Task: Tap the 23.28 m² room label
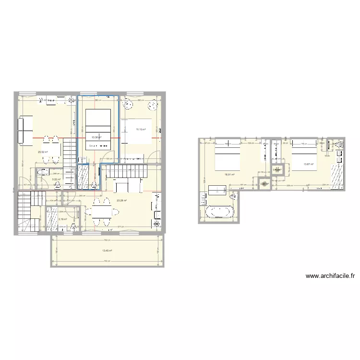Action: tap(121, 201)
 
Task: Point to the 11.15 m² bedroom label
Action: tap(141, 129)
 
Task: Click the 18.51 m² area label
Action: tap(229, 175)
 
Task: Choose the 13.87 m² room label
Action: tap(308, 164)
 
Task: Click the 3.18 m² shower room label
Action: tap(62, 219)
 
